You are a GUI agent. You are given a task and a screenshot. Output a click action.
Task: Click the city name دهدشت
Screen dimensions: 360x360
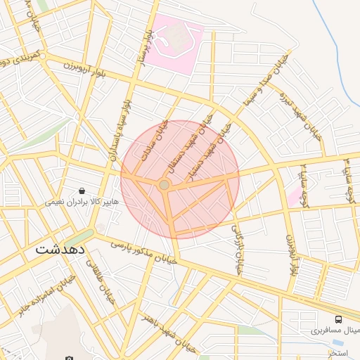[60, 250]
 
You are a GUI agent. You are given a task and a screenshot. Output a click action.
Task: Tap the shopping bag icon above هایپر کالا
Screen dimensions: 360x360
[82, 191]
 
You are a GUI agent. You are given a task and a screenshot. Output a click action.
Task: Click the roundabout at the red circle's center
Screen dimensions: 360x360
[164, 184]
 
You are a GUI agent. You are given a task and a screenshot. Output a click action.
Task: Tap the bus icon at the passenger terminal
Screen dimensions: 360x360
[339, 319]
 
